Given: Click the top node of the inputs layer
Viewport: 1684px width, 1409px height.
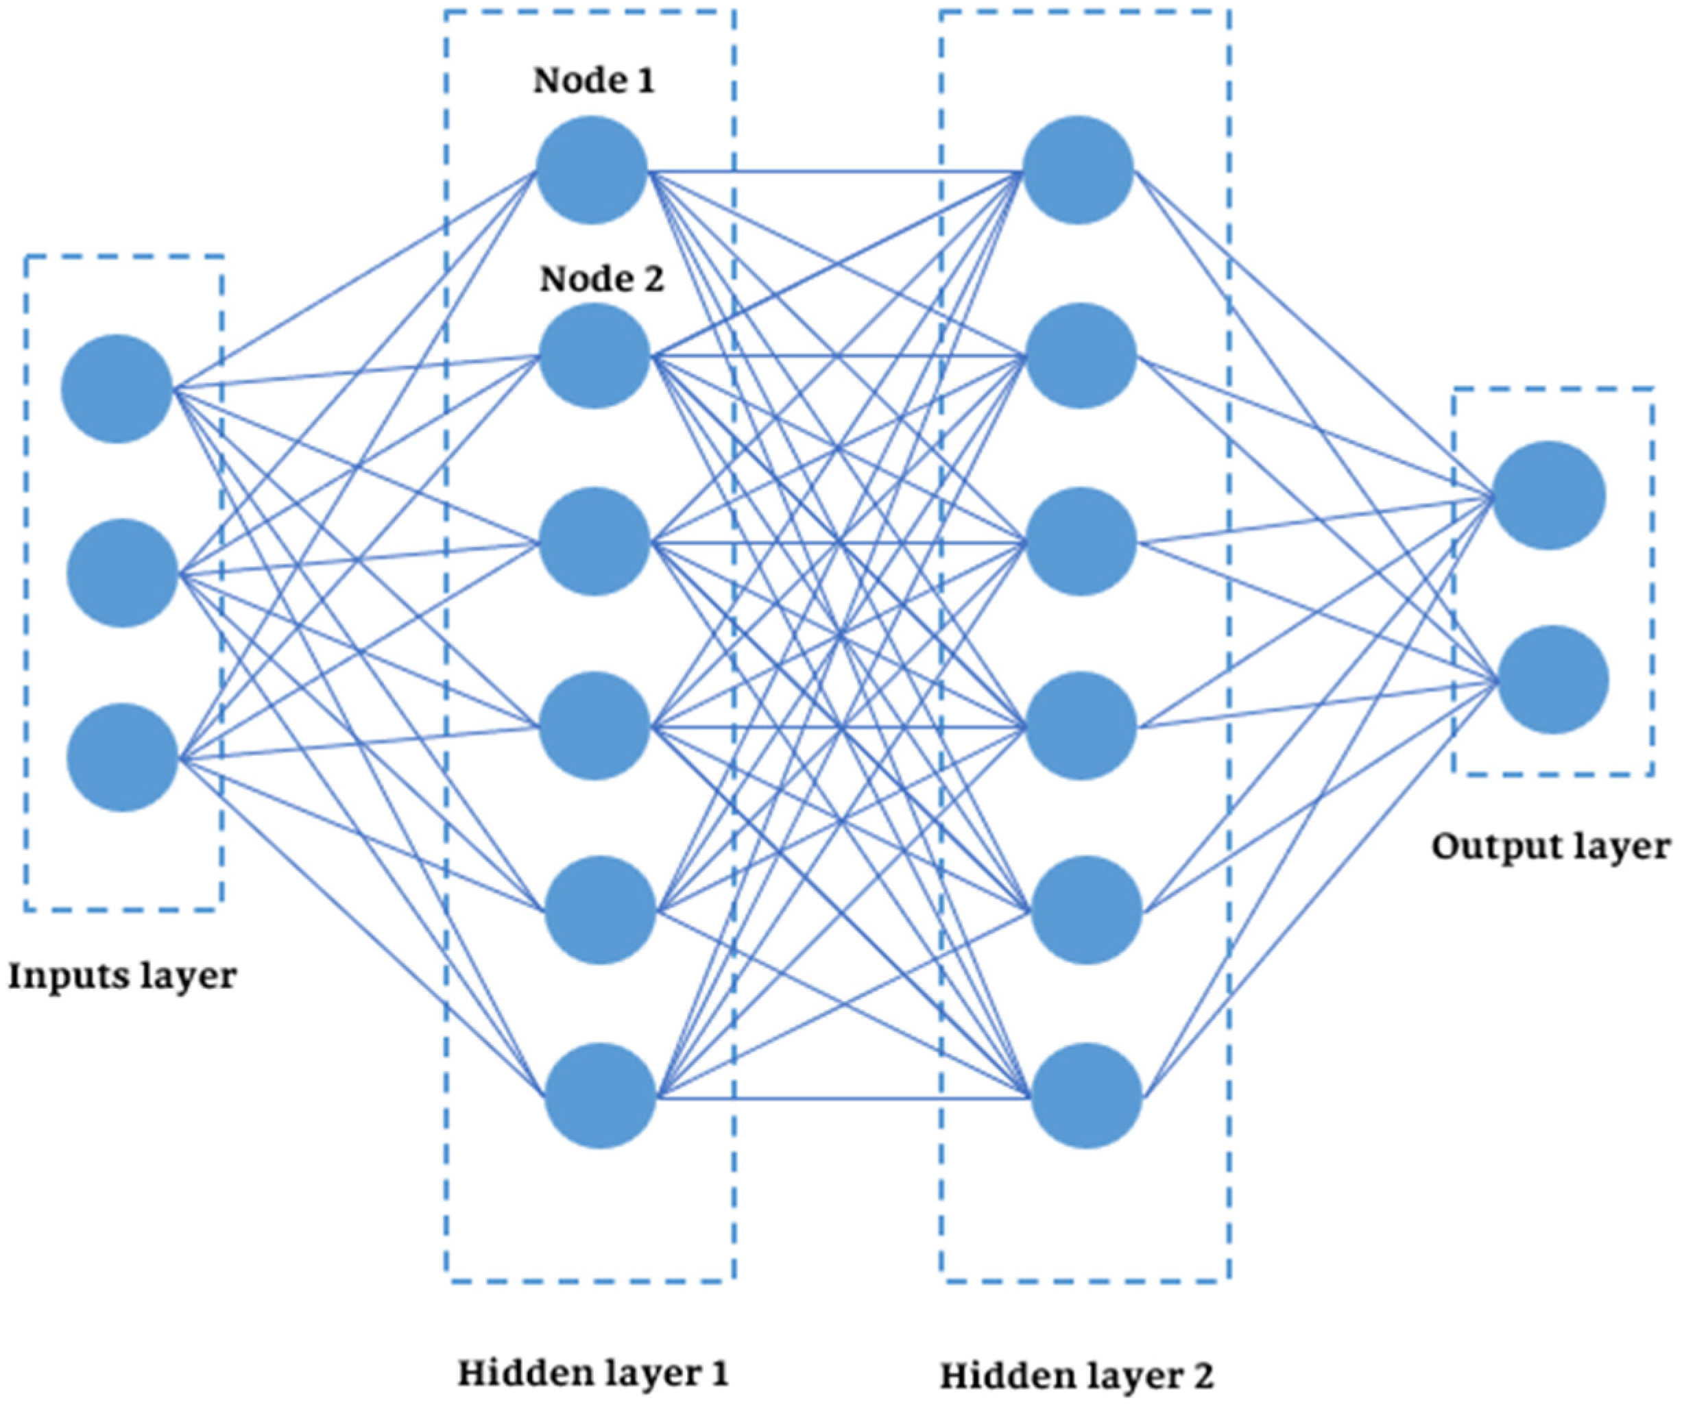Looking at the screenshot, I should (x=117, y=389).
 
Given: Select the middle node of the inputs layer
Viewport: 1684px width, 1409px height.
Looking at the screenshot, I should (x=122, y=573).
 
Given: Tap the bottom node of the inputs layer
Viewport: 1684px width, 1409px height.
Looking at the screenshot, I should (x=122, y=757).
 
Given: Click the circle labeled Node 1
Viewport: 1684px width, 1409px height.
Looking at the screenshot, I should (x=592, y=170).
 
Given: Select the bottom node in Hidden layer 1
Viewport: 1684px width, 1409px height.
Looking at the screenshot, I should (x=600, y=1096).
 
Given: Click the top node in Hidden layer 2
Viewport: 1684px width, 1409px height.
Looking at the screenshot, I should (x=1078, y=170).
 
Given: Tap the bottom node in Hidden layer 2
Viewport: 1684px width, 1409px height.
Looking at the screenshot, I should (x=1086, y=1096).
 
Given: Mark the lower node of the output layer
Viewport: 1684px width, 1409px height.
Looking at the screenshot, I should (x=1553, y=680).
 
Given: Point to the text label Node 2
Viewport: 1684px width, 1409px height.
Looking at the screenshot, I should (x=602, y=280).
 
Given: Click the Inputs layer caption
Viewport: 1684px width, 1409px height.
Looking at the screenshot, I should (x=122, y=976).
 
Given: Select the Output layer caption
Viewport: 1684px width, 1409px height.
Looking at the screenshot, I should (x=1551, y=847).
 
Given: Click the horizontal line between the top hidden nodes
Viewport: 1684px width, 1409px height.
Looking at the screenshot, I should (x=834, y=171).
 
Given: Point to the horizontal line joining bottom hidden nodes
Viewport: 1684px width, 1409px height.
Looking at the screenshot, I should (x=842, y=1097).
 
